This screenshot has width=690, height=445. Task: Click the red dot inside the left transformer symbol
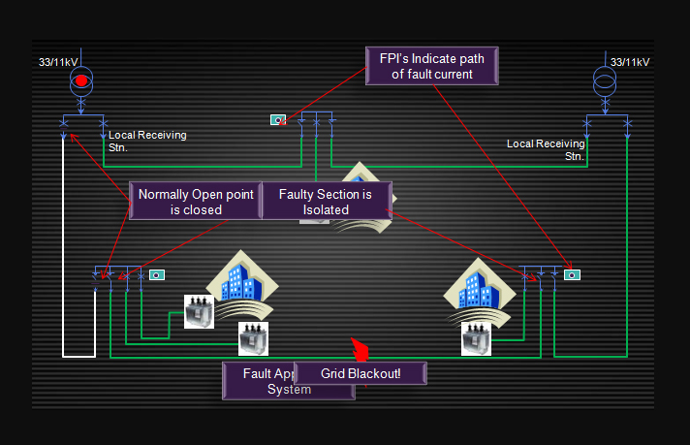coord(82,79)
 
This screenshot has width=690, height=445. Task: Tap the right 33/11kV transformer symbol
coord(604,80)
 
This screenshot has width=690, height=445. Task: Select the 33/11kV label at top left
coord(58,62)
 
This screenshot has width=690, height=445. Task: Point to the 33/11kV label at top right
coord(629,62)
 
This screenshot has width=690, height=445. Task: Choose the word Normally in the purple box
coord(162,195)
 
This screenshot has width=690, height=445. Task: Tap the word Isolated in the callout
coord(326,209)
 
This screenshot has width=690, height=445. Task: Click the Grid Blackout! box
coord(361,373)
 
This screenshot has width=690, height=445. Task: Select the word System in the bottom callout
coord(289,390)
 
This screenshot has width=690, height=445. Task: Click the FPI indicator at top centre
coord(278,120)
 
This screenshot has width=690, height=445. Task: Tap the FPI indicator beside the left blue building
coord(156,275)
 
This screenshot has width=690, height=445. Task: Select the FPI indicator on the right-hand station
coord(573,274)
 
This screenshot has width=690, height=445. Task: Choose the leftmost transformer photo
coord(199,311)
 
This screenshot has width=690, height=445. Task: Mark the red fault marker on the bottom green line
coord(361,349)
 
